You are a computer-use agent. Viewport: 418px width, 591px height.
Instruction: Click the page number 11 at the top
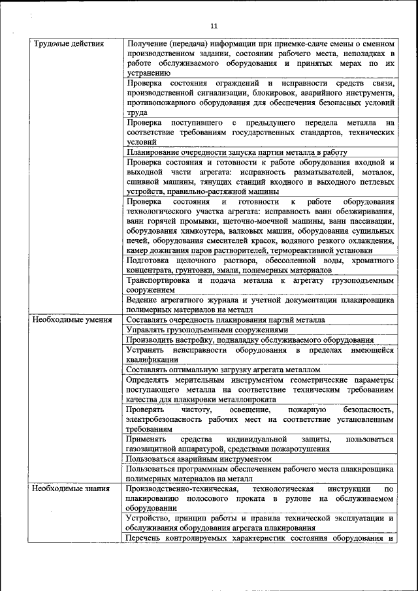pyautogui.click(x=214, y=25)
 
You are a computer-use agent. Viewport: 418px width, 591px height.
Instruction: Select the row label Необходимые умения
pyautogui.click(x=72, y=320)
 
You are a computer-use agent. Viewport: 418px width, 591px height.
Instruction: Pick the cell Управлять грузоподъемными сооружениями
pyautogui.click(x=208, y=330)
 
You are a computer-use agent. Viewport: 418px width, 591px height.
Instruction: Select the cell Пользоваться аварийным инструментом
pyautogui.click(x=199, y=459)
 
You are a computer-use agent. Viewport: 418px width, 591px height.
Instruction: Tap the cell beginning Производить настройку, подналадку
pyautogui.click(x=250, y=340)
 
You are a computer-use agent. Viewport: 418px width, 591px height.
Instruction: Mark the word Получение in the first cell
pyautogui.click(x=147, y=43)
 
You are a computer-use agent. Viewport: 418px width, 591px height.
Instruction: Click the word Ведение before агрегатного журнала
pyautogui.click(x=142, y=300)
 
